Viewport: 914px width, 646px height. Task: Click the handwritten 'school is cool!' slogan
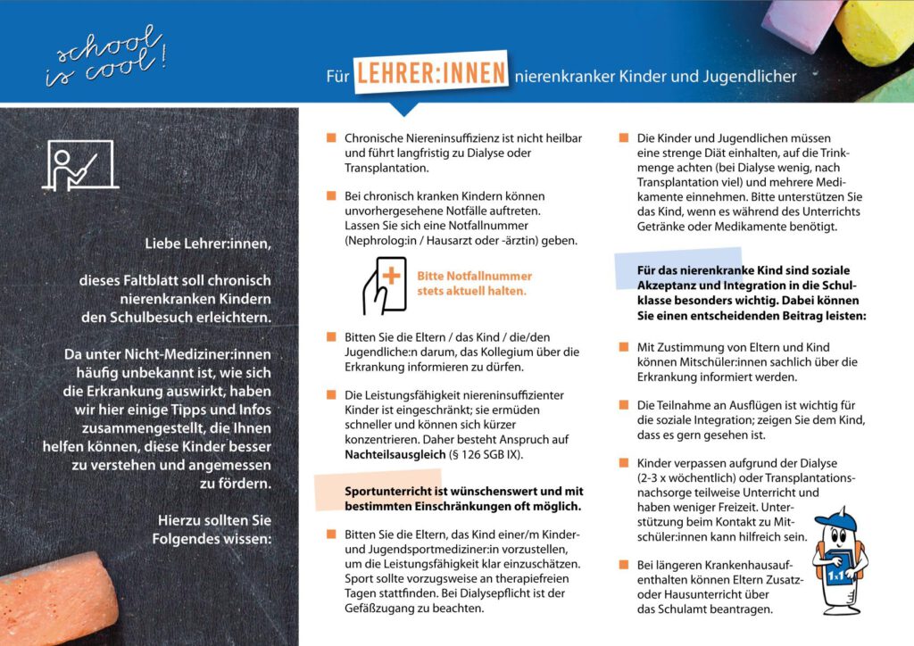point(104,56)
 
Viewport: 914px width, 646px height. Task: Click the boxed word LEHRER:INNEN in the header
point(431,74)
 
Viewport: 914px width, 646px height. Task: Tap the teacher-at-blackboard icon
point(79,165)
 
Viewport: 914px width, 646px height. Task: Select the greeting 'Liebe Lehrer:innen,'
point(207,243)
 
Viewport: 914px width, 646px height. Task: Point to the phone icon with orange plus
point(383,283)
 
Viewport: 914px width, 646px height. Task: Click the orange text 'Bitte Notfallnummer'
point(474,276)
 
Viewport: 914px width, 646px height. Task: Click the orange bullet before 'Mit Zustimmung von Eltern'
point(623,347)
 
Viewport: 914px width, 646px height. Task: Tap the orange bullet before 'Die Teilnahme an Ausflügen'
point(623,405)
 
